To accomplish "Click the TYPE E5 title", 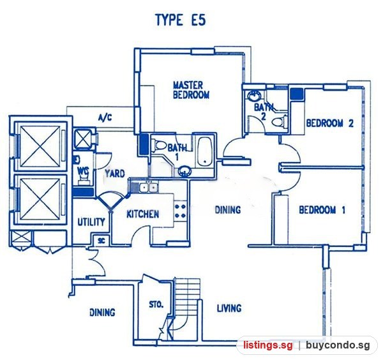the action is click(181, 20).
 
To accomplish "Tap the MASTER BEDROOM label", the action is click(191, 90).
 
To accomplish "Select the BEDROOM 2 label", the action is click(330, 123).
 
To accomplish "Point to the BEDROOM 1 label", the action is click(322, 210).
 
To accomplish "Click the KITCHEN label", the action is click(143, 214).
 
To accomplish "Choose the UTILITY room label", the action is click(91, 222).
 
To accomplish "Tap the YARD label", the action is click(115, 174).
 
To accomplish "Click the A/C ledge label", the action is click(105, 118).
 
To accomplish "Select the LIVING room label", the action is click(229, 308).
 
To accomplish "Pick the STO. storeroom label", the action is click(156, 304).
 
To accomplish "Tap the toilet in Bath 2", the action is click(279, 122).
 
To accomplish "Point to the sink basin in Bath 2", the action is click(254, 96).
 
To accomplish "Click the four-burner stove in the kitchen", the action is click(181, 211).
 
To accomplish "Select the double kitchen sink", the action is click(148, 188).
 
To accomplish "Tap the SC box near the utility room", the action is click(101, 241).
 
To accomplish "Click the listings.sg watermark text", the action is click(267, 345).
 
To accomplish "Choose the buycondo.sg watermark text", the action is click(338, 345).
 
